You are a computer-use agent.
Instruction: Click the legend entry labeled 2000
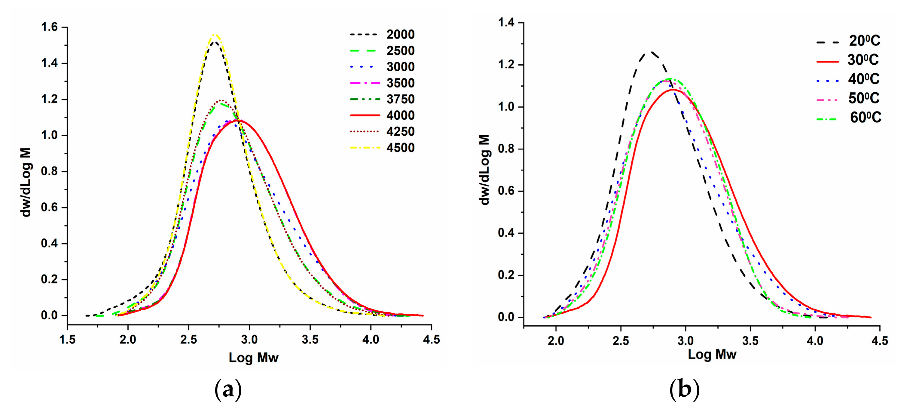(400, 35)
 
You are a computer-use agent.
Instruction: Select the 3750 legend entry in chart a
(400, 99)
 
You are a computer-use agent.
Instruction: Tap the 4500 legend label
(400, 148)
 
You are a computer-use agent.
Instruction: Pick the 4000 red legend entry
(400, 115)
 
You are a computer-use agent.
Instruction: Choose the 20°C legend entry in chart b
(864, 41)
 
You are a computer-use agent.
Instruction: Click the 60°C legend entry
(865, 118)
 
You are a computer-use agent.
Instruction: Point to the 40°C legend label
(863, 79)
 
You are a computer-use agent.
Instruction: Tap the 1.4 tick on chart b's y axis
(506, 23)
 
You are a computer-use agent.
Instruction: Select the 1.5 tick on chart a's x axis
(67, 340)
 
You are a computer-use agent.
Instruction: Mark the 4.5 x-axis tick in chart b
(880, 341)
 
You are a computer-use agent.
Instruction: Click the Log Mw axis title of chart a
(253, 358)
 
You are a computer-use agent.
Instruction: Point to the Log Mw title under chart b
(712, 355)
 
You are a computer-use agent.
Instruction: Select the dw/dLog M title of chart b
(484, 170)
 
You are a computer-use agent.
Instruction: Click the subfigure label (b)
(685, 390)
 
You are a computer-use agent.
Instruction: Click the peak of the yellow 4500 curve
(215, 35)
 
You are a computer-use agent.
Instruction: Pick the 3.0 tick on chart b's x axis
(685, 341)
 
